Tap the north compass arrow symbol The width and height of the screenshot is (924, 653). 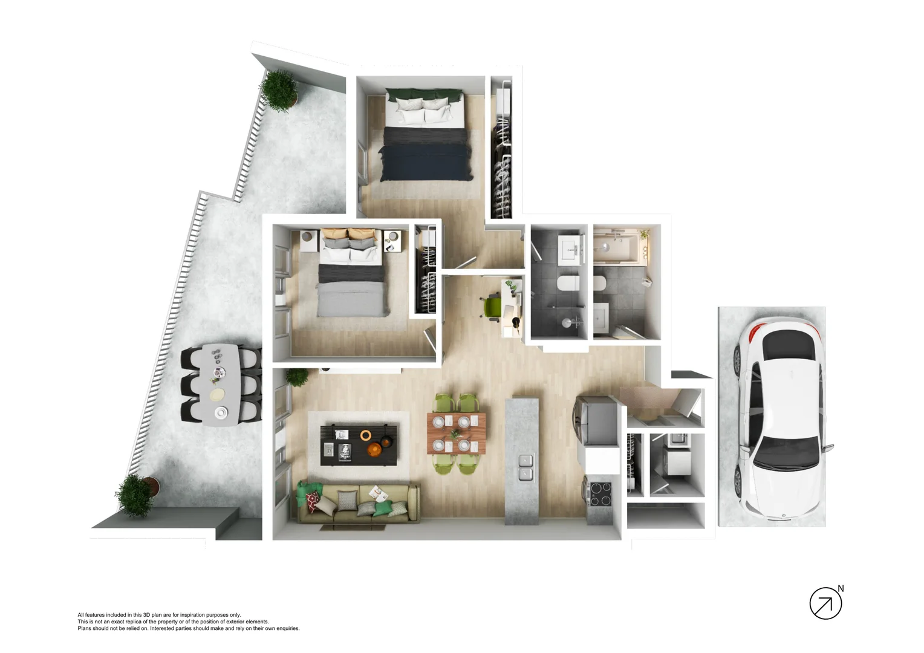[x=825, y=603]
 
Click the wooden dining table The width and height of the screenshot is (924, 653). [x=456, y=433]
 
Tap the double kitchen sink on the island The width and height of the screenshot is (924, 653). [x=525, y=467]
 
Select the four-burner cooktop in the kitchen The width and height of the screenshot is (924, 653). [x=600, y=493]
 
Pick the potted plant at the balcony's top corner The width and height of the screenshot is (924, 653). [x=279, y=90]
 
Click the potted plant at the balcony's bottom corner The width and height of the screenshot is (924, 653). [x=134, y=495]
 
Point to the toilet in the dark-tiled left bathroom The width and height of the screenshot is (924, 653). [x=568, y=283]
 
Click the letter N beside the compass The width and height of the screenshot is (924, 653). [x=841, y=588]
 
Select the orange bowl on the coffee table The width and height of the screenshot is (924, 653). [x=366, y=435]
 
